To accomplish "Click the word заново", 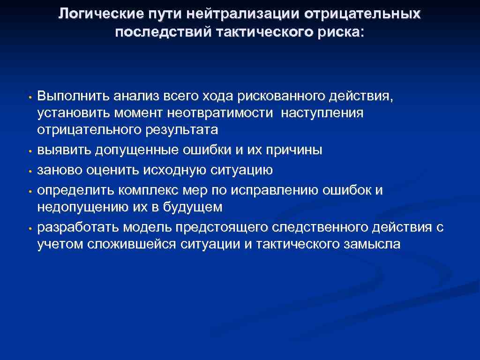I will (59, 170).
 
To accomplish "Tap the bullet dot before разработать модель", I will (29, 229).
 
